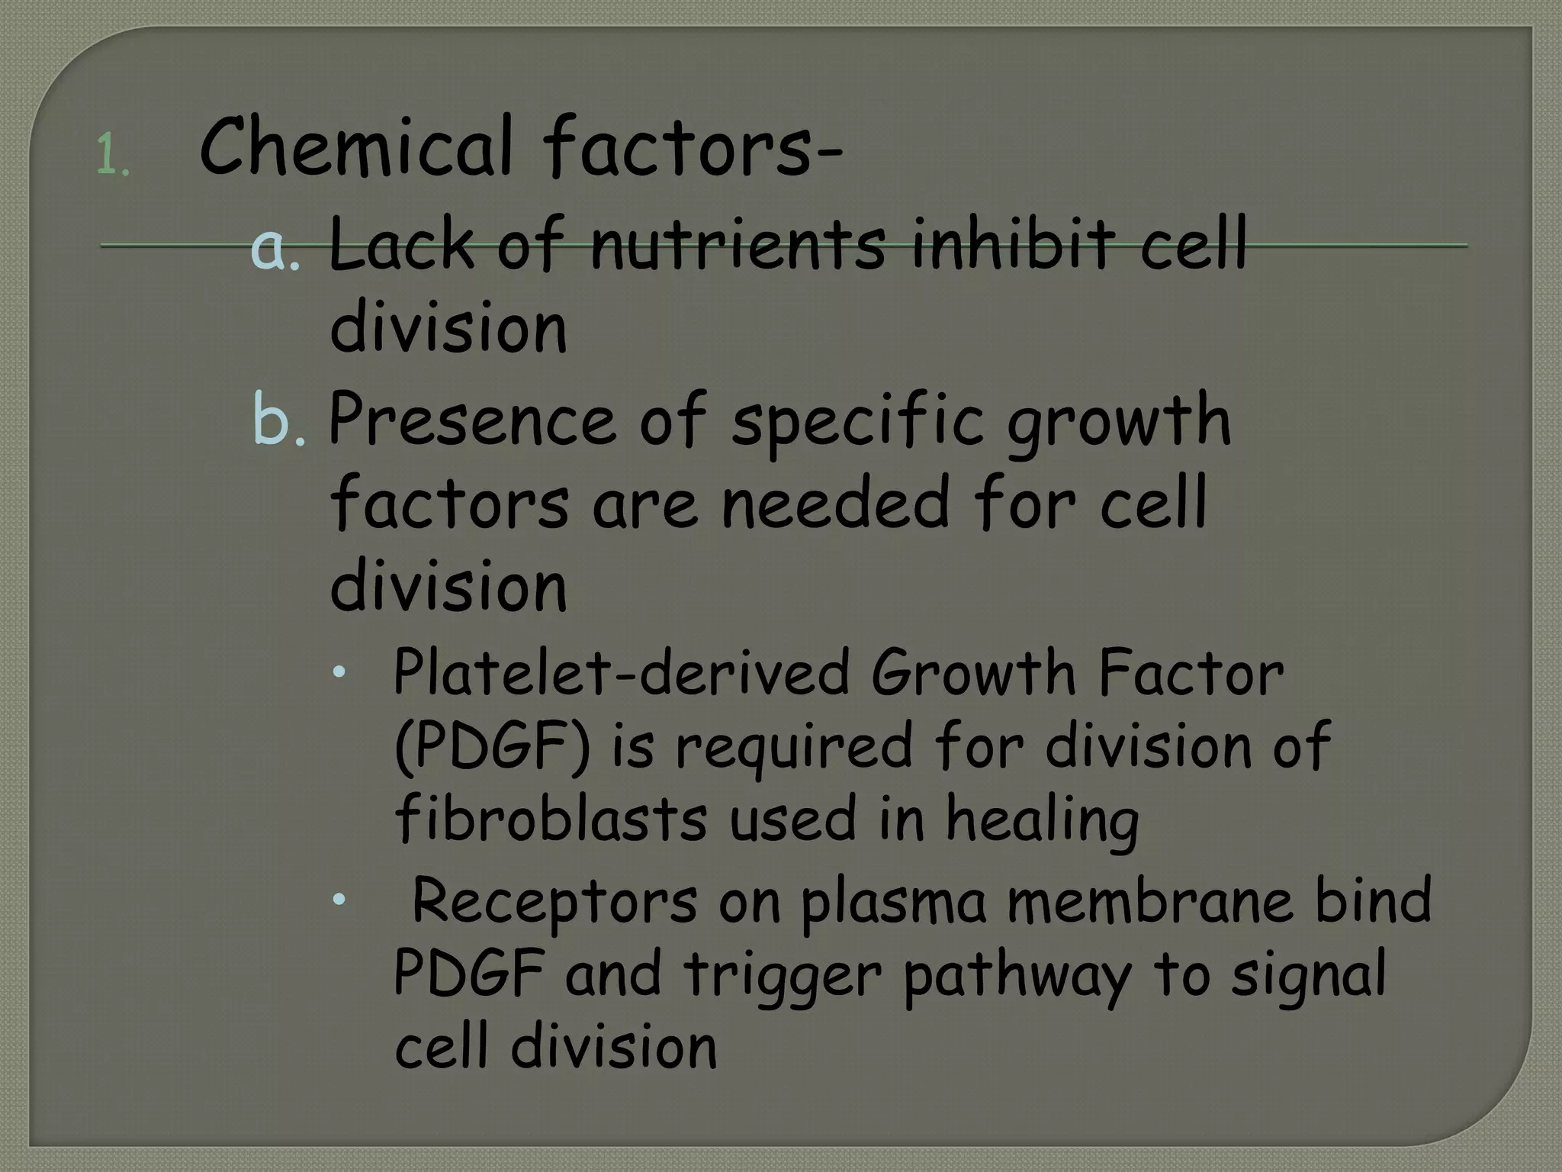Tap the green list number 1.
(x=113, y=157)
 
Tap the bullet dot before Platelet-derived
(x=339, y=672)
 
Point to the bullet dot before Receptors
(x=339, y=900)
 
